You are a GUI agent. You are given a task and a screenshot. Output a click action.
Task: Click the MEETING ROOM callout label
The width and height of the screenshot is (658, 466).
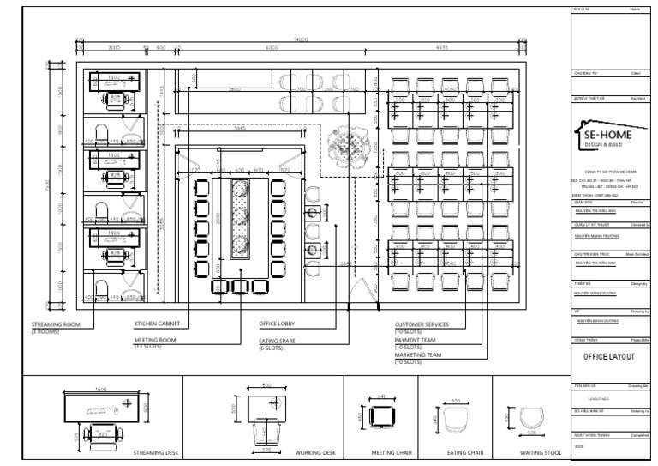tap(154, 341)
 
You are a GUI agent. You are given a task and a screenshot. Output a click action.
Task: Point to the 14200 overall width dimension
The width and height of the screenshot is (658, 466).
tap(301, 40)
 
